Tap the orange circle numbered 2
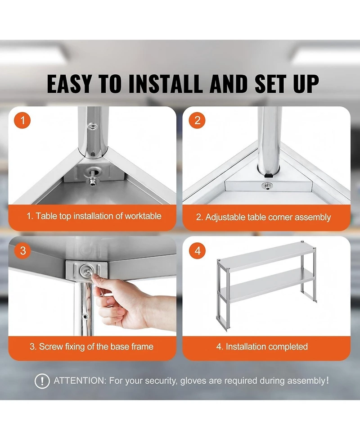197,121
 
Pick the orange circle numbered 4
197,251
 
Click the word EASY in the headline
69,84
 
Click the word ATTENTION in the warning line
79,381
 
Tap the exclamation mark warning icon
42,381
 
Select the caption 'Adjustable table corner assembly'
263,217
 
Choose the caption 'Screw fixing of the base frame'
91,347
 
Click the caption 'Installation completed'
262,347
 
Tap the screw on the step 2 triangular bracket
265,186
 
